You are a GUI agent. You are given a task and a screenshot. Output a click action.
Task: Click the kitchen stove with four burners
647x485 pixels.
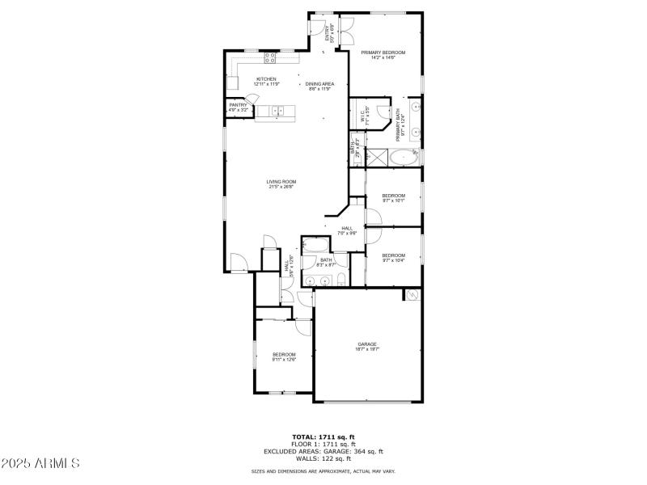tap(270, 57)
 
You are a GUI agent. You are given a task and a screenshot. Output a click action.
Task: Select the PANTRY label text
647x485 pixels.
tap(238, 106)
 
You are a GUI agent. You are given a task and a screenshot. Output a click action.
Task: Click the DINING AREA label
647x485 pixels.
tap(320, 84)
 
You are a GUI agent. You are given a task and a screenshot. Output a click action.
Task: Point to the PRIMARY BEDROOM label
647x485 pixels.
tap(383, 53)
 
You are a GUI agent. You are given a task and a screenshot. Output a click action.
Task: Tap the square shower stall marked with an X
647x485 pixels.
tap(377, 157)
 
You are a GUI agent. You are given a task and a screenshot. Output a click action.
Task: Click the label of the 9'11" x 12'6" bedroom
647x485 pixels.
tap(284, 355)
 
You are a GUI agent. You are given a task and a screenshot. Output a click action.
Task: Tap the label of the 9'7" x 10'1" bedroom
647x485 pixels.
tap(393, 196)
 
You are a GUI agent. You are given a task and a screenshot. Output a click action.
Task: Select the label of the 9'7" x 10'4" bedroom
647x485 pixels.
tap(393, 256)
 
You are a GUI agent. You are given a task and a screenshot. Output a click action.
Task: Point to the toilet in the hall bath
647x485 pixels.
tap(341, 280)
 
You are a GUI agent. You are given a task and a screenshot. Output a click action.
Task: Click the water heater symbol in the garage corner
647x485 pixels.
tap(412, 295)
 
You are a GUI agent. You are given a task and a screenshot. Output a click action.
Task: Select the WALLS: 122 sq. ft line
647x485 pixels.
tap(323, 458)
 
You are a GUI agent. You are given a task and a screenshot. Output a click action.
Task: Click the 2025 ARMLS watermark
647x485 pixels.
tap(40, 464)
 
